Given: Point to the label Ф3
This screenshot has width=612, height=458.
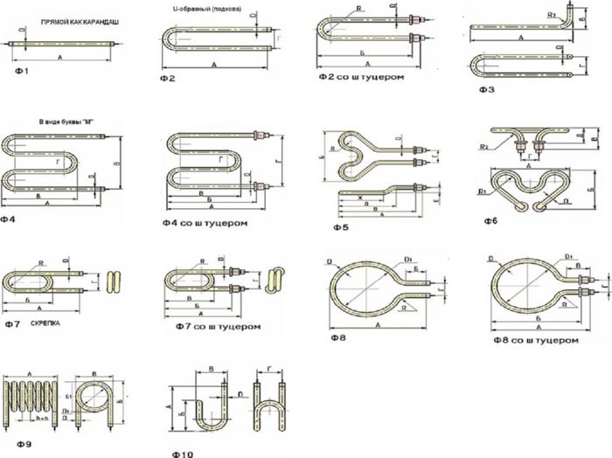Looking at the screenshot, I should coord(487,89).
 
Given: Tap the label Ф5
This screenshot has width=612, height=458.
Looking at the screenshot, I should coord(341,227).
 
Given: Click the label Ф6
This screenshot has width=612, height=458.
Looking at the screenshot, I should coord(491,221).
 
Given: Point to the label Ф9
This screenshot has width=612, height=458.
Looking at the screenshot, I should coord(23,445).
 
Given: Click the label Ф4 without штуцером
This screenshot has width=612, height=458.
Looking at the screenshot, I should coord(11,219).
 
